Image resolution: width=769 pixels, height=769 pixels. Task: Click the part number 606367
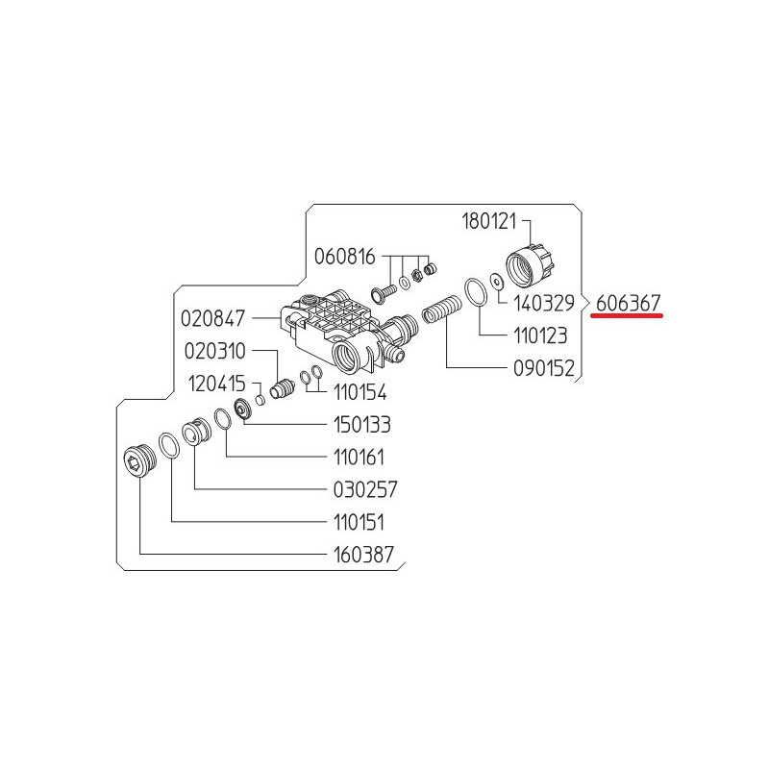[629, 304]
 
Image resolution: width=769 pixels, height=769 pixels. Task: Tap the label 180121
[489, 221]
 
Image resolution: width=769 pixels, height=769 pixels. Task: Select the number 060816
[344, 257]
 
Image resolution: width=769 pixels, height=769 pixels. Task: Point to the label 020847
[212, 319]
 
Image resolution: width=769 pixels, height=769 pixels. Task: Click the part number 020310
[214, 351]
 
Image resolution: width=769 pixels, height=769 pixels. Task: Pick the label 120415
[217, 384]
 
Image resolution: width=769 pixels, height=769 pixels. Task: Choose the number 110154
[360, 392]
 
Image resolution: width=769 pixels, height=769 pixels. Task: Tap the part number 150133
[362, 425]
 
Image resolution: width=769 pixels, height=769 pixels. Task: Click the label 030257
[365, 489]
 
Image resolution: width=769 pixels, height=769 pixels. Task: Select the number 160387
[363, 555]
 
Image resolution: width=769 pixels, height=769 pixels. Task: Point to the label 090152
[543, 368]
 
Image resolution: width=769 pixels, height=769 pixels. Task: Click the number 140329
[544, 304]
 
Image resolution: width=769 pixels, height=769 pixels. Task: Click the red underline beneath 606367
[627, 316]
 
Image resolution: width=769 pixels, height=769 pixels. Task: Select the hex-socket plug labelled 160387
[139, 461]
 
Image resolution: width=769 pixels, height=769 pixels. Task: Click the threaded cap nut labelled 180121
[532, 267]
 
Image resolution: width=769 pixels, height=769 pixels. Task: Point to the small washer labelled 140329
[497, 282]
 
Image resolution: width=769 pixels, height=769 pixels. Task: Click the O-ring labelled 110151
[169, 445]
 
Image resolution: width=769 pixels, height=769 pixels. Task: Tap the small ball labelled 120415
[260, 400]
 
